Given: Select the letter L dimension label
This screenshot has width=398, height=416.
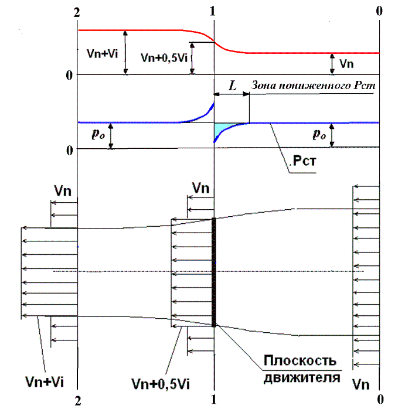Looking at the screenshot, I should (232, 86).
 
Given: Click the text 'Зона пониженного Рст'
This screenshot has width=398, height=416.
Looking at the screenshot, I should (313, 86).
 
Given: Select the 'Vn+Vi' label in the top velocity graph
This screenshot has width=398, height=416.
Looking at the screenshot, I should (103, 52).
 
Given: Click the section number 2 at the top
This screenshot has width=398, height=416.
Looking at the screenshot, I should (77, 11).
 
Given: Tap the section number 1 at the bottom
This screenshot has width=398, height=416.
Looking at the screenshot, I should (214, 401).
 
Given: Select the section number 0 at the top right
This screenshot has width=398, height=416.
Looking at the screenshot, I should (380, 11).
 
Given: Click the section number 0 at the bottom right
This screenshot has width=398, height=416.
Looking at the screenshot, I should (380, 401).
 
